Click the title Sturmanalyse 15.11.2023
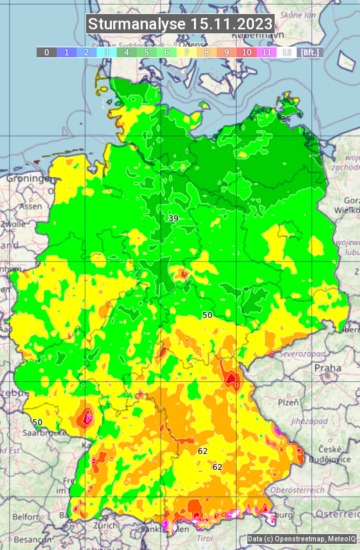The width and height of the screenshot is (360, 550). click(x=180, y=24)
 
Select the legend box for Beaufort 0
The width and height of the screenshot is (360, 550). click(x=46, y=52)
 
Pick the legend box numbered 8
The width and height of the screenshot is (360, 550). click(x=207, y=52)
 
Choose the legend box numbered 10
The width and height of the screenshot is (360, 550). click(x=247, y=52)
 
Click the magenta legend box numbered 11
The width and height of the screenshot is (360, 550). click(x=267, y=52)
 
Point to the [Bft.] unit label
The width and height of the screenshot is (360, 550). click(x=309, y=52)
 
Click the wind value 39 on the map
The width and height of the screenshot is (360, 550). click(x=173, y=219)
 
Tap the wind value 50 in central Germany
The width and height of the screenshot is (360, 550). click(x=207, y=315)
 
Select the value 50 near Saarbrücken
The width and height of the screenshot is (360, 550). click(x=37, y=422)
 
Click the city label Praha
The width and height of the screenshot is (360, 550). click(x=327, y=367)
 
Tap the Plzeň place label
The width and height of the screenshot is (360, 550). click(x=287, y=402)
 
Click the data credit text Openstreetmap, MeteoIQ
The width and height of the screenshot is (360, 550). click(x=301, y=539)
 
